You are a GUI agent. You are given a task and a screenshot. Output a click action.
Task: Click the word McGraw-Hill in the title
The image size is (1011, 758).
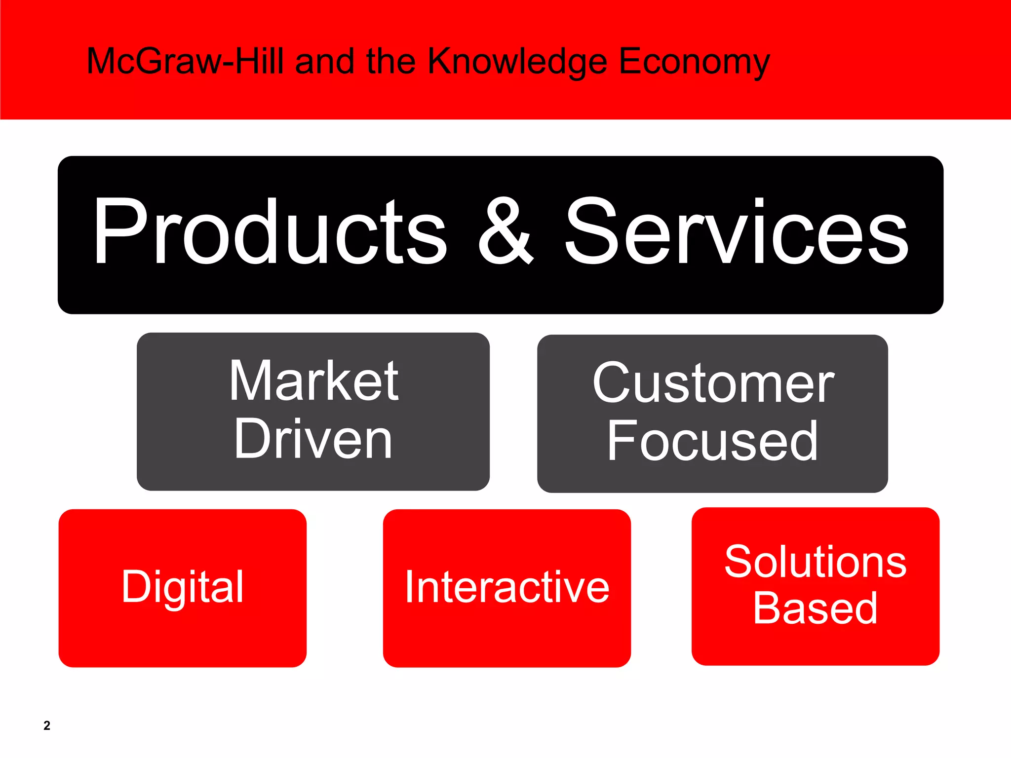(x=185, y=61)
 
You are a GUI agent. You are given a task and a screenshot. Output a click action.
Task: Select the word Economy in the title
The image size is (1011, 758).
(x=694, y=62)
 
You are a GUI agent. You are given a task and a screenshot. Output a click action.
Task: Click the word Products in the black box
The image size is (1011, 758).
(x=270, y=232)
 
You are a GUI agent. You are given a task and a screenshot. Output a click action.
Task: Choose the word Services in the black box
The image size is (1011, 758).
(x=736, y=232)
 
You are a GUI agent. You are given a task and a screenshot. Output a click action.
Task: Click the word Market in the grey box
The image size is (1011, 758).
(x=314, y=380)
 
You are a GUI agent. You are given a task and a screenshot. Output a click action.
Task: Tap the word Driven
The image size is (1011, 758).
(x=313, y=439)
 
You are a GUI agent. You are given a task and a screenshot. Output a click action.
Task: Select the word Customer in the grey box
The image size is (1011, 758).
(x=713, y=383)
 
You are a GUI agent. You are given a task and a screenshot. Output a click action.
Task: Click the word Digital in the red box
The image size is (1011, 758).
(x=183, y=587)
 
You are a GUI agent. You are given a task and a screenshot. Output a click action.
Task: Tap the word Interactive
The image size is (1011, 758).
(x=507, y=587)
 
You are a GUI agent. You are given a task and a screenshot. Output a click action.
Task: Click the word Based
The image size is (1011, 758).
(x=815, y=608)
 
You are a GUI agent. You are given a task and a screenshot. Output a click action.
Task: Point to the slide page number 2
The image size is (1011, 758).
(x=47, y=725)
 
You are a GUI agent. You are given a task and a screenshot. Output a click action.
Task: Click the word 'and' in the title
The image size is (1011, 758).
(x=325, y=61)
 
